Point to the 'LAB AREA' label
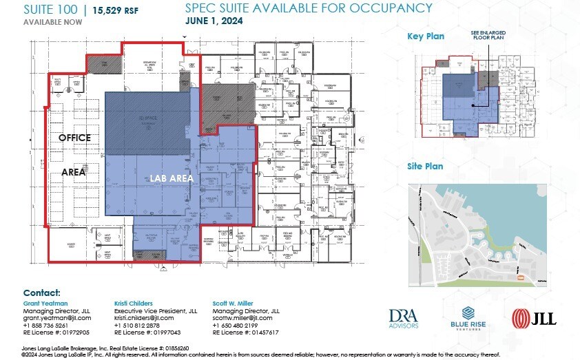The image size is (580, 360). (x=172, y=178)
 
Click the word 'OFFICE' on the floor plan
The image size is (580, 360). (x=74, y=138)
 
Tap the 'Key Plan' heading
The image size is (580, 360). (x=426, y=36)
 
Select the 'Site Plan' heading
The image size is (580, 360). (x=425, y=166)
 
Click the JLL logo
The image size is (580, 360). (x=534, y=317)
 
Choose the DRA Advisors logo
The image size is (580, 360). (x=403, y=317)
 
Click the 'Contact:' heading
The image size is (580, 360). (x=42, y=293)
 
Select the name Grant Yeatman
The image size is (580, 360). (x=45, y=302)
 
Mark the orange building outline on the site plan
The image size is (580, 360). (x=521, y=277)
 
